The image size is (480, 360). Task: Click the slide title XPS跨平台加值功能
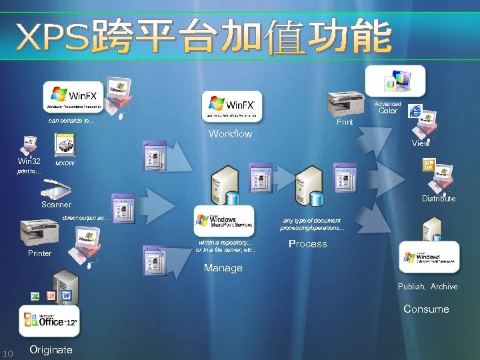click(203, 37)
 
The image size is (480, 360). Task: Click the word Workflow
click(230, 134)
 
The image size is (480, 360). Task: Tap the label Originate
click(51, 350)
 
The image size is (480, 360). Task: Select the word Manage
click(223, 268)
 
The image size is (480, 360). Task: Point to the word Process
click(307, 244)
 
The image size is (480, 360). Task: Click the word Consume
click(426, 309)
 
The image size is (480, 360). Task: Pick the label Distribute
click(438, 199)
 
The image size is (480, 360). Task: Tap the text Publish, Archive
click(427, 287)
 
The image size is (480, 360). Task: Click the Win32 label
click(29, 161)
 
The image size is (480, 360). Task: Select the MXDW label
click(65, 163)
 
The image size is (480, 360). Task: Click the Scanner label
click(56, 205)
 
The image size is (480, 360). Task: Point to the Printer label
click(40, 253)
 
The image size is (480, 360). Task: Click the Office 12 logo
click(50, 321)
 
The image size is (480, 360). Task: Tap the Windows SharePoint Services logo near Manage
click(224, 220)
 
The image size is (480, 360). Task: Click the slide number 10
click(9, 353)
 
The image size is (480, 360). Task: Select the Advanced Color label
click(387, 107)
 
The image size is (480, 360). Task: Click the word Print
click(345, 122)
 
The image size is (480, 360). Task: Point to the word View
click(421, 143)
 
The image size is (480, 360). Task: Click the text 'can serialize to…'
click(71, 121)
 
